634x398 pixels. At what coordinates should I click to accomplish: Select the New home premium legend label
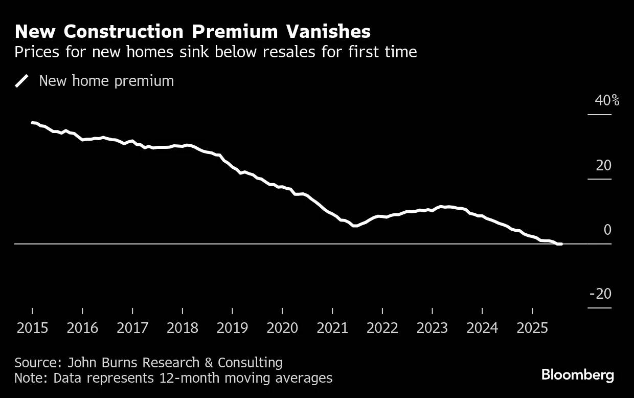pos(106,81)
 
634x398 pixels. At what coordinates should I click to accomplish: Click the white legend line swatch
pos(22,81)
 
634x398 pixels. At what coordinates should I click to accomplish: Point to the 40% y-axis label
pos(606,100)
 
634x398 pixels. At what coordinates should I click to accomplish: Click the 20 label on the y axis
pos(603,165)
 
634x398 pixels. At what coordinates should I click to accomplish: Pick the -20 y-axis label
pos(600,294)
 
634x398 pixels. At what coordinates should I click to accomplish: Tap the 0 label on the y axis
pos(607,230)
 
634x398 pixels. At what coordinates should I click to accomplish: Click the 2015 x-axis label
pos(33,328)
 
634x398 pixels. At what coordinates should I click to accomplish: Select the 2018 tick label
pos(183,328)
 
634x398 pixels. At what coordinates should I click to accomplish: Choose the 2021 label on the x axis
pos(333,328)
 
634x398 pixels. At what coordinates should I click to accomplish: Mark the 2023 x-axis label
pos(433,328)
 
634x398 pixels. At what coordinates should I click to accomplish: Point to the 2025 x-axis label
pos(532,328)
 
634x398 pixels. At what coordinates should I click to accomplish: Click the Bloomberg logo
pos(578,375)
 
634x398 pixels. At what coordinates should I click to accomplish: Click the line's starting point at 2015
pos(32,123)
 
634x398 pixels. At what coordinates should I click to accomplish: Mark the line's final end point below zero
pos(561,244)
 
